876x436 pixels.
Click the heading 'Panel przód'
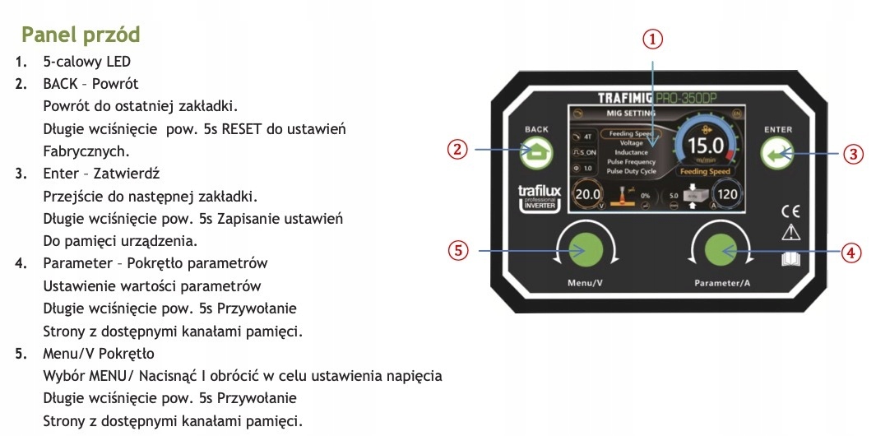81,35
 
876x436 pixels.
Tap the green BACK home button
536,151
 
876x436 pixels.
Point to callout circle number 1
652,39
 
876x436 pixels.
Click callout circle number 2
458,150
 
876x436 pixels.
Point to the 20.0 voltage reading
588,195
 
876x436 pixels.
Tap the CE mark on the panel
790,210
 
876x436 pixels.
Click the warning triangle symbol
790,233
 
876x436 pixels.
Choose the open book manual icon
790,260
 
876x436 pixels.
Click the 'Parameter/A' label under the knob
723,284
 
